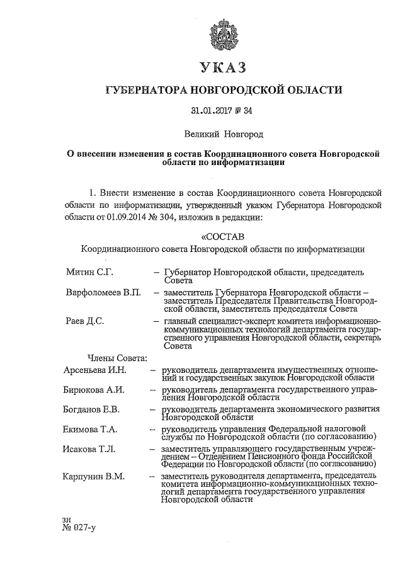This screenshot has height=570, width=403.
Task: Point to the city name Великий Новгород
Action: coord(224,134)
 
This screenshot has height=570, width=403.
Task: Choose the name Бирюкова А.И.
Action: coord(94,390)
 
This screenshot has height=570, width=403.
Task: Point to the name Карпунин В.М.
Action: coord(95,477)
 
